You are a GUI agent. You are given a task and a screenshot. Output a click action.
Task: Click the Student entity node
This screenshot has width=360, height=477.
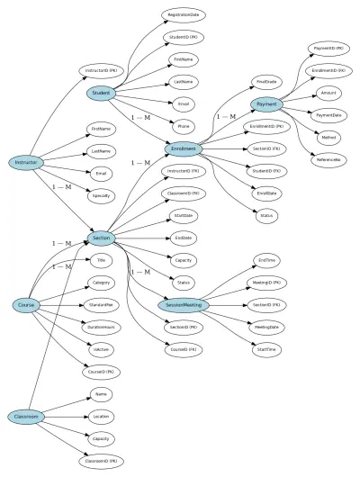pyautogui.click(x=102, y=93)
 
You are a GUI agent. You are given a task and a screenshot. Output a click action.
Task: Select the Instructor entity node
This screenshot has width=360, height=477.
pyautogui.click(x=25, y=163)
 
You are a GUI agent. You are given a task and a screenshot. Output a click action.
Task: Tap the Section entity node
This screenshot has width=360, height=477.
pyautogui.click(x=102, y=238)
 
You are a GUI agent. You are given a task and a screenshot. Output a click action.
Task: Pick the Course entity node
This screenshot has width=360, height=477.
pyautogui.click(x=25, y=306)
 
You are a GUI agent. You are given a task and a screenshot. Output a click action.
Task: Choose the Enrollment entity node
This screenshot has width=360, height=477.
pyautogui.click(x=183, y=148)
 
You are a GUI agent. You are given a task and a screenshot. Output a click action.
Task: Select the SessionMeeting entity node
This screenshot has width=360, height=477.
pyautogui.click(x=183, y=305)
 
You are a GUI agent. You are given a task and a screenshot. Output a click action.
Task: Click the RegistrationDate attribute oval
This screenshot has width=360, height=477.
pyautogui.click(x=183, y=15)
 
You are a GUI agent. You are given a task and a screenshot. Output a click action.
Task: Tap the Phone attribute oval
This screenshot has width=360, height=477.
pyautogui.click(x=183, y=126)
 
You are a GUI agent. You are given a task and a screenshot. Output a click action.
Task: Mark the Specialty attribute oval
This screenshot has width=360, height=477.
pyautogui.click(x=102, y=193)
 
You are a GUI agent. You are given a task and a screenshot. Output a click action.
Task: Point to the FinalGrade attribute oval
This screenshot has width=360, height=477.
pyautogui.click(x=266, y=81)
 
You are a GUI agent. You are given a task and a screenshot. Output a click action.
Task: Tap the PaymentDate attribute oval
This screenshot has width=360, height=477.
pyautogui.click(x=328, y=114)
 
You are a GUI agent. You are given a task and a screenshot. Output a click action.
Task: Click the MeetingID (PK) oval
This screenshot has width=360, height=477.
pyautogui.click(x=266, y=283)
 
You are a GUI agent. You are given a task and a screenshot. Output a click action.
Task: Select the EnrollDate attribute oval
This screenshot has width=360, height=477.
pyautogui.click(x=266, y=193)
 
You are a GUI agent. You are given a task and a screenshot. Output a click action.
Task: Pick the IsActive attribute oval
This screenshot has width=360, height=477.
pyautogui.click(x=102, y=349)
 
